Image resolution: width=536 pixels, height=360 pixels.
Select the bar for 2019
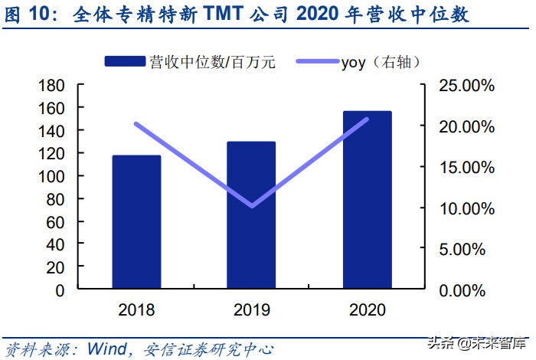coord(252,215)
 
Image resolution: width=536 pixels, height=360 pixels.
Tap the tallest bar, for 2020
coord(367,200)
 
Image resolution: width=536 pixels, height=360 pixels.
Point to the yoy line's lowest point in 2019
coord(252,206)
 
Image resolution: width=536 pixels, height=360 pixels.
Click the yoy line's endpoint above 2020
coord(367,119)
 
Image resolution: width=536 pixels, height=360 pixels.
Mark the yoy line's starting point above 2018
coord(136,123)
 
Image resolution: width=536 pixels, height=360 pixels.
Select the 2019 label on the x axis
coord(252,310)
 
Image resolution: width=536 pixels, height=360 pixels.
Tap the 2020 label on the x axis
coord(367,310)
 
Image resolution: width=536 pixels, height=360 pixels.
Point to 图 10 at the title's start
coord(31,15)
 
